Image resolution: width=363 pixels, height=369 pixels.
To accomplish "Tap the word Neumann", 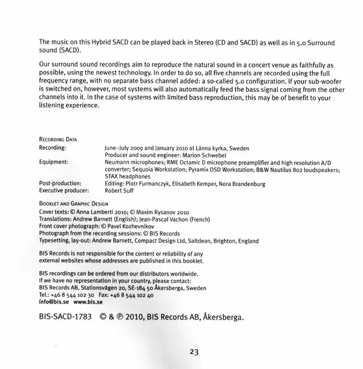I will click(x=118, y=162).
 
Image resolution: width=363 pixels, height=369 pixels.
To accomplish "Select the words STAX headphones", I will click(x=128, y=176).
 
